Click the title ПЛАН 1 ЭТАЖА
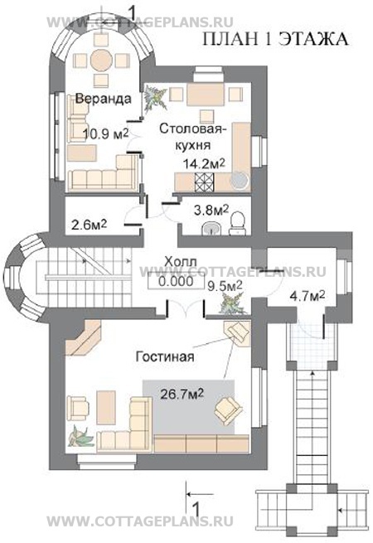pyautogui.click(x=275, y=39)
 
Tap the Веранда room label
pyautogui.click(x=104, y=99)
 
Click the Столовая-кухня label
pyautogui.click(x=192, y=136)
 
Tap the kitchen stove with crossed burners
pyautogui.click(x=205, y=182)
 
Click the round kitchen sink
pyautogui.click(x=240, y=180)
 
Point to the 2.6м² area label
pyautogui.click(x=89, y=225)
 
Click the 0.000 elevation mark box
pyautogui.click(x=176, y=280)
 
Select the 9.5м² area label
pyautogui.click(x=225, y=286)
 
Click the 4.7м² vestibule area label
pyautogui.click(x=308, y=297)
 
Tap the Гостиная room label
pyautogui.click(x=164, y=356)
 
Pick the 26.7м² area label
pyautogui.click(x=182, y=394)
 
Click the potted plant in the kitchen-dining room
pyautogui.click(x=155, y=99)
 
